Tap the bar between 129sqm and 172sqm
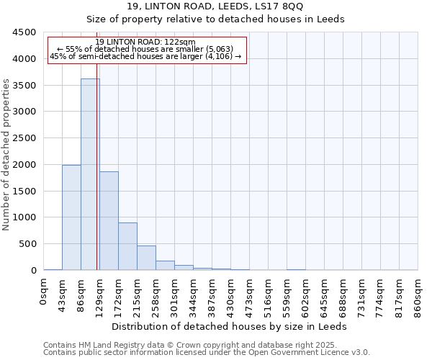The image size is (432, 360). click(109, 220)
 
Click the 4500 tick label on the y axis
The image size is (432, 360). click(24, 32)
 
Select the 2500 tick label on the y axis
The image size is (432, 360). click(24, 138)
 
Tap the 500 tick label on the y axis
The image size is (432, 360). click(27, 244)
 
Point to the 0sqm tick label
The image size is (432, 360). click(44, 291)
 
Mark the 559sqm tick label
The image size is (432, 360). click(287, 294)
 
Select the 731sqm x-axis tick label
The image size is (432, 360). click(362, 294)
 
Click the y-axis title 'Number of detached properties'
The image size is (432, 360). click(6, 151)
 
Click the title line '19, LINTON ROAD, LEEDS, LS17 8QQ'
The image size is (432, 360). click(215, 6)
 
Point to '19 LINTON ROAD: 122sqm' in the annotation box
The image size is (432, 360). click(145, 42)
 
